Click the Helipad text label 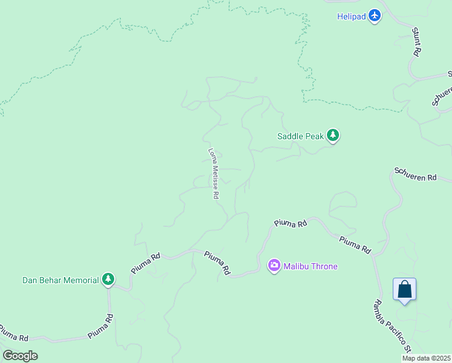point(351,16)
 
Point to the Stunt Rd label point(416,42)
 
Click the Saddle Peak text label point(301,136)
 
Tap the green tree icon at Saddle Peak point(332,136)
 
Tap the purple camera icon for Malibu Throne point(274,265)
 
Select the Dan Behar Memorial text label point(60,280)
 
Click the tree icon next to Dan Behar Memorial point(108,280)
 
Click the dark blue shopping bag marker point(404,290)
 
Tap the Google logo point(20,356)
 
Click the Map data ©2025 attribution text point(426,358)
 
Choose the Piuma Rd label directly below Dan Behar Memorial point(100,326)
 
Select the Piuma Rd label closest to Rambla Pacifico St point(355,244)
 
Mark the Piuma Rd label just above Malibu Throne point(291,223)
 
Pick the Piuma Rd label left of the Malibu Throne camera point(216,264)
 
